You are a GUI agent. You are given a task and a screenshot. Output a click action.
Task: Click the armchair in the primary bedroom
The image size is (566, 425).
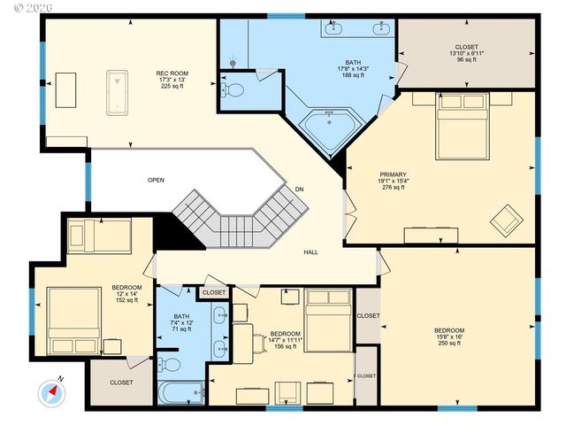point(507,217)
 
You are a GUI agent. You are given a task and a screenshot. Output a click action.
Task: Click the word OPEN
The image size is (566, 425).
point(156,180)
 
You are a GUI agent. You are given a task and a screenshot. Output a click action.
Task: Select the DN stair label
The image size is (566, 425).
point(300,189)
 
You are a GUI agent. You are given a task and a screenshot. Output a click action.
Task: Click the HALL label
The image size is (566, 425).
point(311,252)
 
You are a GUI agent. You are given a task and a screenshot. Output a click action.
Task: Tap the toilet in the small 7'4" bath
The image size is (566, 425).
point(173,364)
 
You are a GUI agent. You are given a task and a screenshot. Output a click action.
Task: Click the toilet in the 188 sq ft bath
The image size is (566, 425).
point(235,90)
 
